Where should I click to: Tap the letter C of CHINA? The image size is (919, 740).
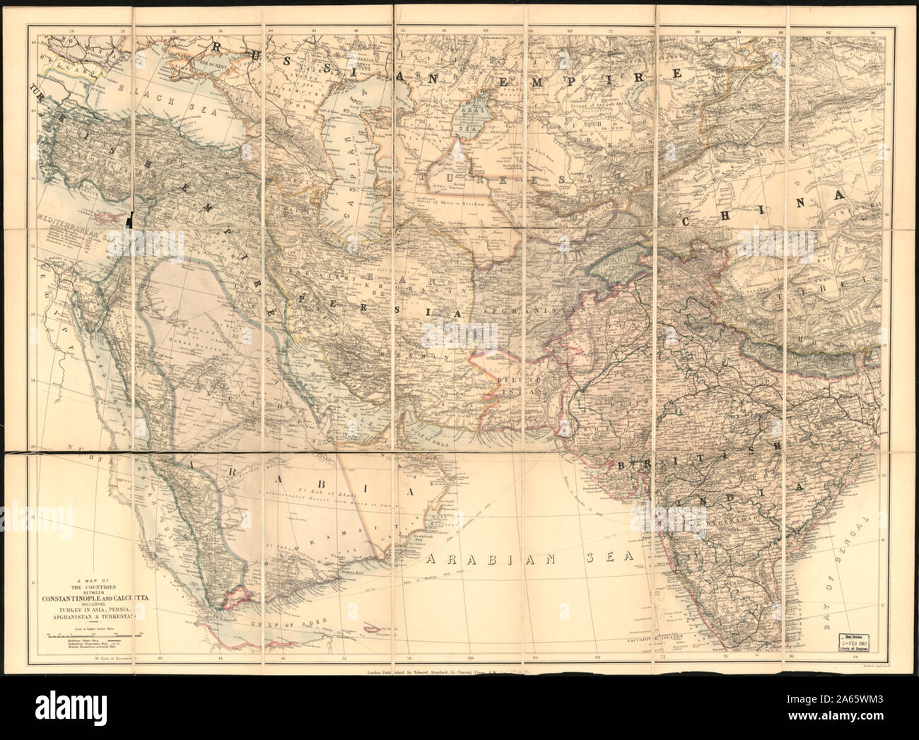(691, 222)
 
